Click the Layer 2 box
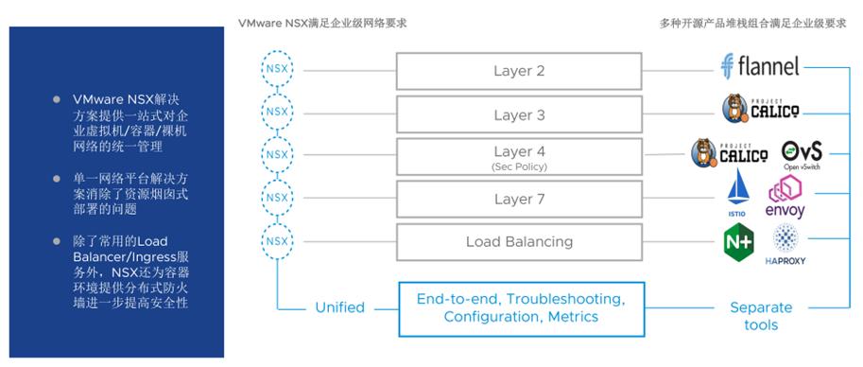click(x=519, y=71)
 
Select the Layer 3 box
click(x=519, y=114)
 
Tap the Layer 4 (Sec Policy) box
click(x=519, y=156)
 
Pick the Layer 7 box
click(x=519, y=199)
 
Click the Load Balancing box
click(x=519, y=241)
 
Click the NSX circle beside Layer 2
click(x=275, y=71)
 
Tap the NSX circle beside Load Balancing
click(x=275, y=241)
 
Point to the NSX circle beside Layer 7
click(x=275, y=199)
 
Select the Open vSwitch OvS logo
click(x=802, y=154)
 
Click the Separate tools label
click(x=761, y=316)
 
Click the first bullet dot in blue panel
click(x=59, y=99)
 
